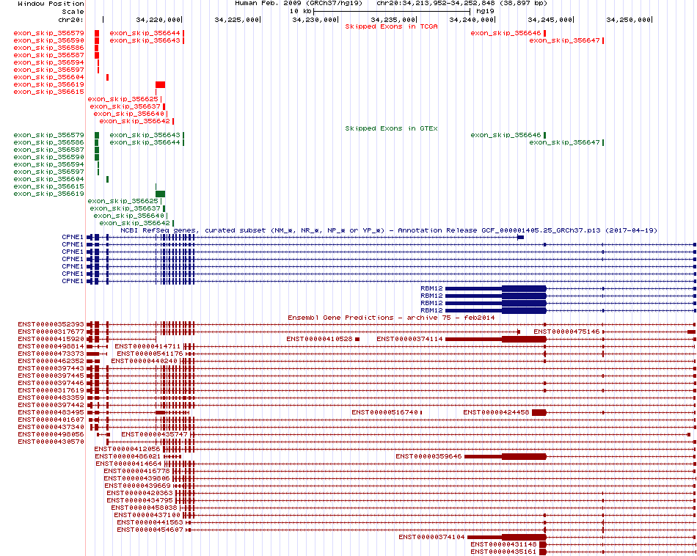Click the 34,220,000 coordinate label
pos(158,20)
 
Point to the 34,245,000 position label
pos(550,20)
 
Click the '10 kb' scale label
pos(300,11)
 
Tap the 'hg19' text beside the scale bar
pos(484,11)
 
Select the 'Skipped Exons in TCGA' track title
pos(391,26)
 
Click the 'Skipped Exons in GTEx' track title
pos(391,128)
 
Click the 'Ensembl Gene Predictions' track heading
pos(340,318)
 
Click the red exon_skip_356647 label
pos(564,40)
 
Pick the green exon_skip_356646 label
pos(506,135)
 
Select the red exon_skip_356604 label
pos(48,77)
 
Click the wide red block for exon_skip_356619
pos(160,84)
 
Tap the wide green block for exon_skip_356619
pos(160,194)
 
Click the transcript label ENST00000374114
pos(409,339)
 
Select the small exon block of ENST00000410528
pos(357,339)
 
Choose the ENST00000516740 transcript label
pos(384,412)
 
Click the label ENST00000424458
pos(496,412)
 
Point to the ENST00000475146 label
pos(566,332)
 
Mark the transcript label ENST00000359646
pos(428,456)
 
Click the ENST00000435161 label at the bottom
pos(503,552)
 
